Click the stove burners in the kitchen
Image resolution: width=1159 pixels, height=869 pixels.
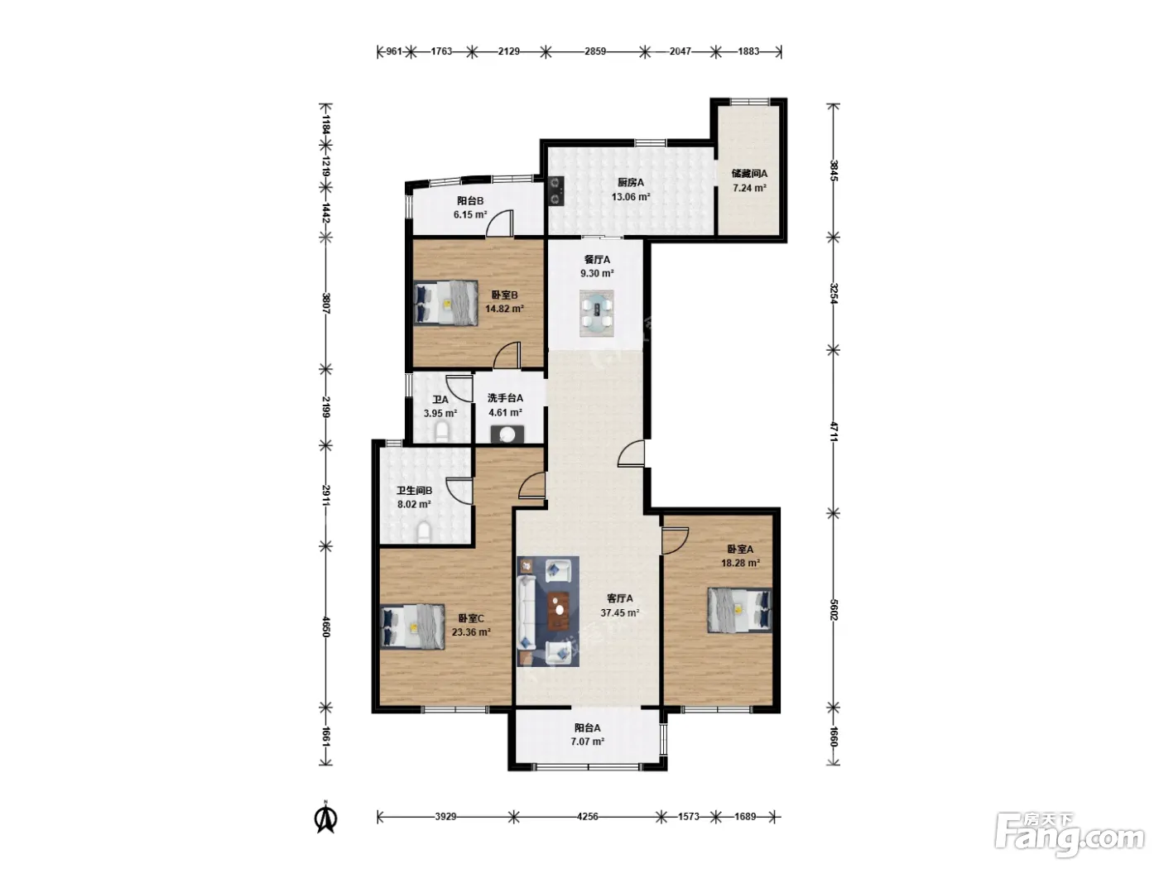pyautogui.click(x=556, y=190)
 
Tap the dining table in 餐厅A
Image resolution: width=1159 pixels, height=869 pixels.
pyautogui.click(x=597, y=313)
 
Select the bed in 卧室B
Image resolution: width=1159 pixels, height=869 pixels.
pyautogui.click(x=445, y=302)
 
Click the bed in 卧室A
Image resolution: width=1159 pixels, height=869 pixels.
pyautogui.click(x=739, y=610)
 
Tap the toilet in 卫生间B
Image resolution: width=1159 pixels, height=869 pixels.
pyautogui.click(x=424, y=532)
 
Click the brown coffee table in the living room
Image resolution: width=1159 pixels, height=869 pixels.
pyautogui.click(x=559, y=611)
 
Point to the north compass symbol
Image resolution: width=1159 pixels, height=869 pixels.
pyautogui.click(x=326, y=819)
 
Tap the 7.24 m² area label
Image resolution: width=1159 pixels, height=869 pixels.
pyautogui.click(x=749, y=188)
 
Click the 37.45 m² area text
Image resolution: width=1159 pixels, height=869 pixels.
pyautogui.click(x=620, y=612)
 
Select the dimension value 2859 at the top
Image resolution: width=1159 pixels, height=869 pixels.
pyautogui.click(x=595, y=51)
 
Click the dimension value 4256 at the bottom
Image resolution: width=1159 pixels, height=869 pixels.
pyautogui.click(x=587, y=817)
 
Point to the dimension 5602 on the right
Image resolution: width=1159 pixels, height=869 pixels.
pyautogui.click(x=834, y=609)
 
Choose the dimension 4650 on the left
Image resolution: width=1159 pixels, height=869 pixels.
pyautogui.click(x=326, y=627)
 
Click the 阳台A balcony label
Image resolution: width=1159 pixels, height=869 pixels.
pyautogui.click(x=587, y=727)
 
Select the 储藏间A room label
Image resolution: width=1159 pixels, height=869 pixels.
pyautogui.click(x=749, y=173)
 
